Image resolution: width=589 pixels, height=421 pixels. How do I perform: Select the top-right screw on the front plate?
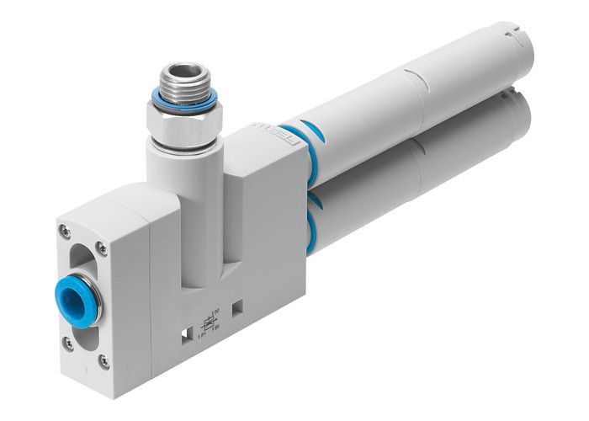(x=103, y=246)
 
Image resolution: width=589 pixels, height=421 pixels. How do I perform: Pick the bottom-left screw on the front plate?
(x=67, y=344)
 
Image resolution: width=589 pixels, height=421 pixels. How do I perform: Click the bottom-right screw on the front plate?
(x=104, y=361)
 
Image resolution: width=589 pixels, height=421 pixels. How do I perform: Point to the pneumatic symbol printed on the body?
(x=206, y=324)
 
